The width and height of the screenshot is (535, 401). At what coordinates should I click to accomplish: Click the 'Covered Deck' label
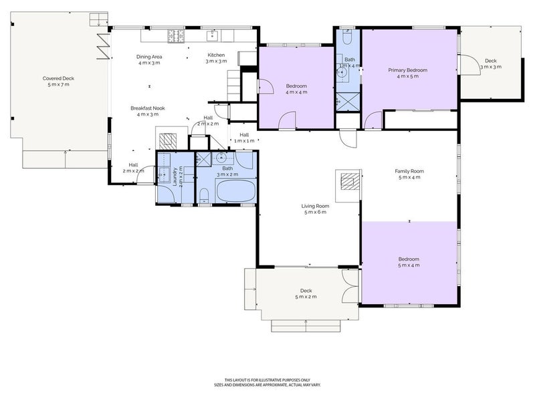pos(58,78)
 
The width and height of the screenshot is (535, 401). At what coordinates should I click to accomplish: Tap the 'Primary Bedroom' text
pos(408,70)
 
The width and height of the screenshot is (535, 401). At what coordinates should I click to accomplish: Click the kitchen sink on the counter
pos(215,34)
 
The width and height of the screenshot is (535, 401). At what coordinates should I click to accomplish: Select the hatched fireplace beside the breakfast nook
pos(168,140)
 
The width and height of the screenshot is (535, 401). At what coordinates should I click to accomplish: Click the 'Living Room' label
pos(315,206)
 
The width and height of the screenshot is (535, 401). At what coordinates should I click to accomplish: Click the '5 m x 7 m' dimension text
pos(58,85)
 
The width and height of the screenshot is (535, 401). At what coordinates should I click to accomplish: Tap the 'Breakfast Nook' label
pos(148,108)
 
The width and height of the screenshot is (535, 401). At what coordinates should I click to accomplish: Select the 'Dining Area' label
pos(149,57)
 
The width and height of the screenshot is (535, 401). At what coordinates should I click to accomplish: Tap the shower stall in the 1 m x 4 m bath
pos(348,101)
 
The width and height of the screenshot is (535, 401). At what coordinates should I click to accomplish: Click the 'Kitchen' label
pos(216,55)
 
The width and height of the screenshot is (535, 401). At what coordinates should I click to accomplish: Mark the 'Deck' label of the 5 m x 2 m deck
pos(306,290)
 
